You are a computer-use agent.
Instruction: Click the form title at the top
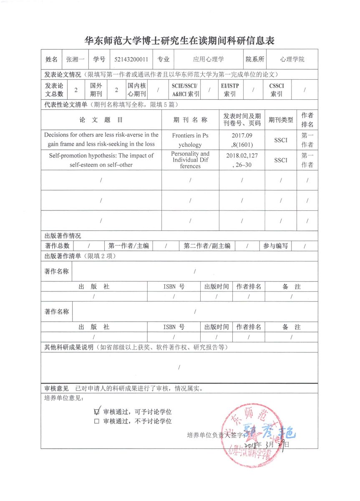[180, 40]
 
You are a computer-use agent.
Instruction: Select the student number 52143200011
[131, 59]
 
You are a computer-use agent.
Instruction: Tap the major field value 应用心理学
[208, 59]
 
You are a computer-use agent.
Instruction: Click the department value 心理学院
[292, 59]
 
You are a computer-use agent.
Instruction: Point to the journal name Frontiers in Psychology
[190, 140]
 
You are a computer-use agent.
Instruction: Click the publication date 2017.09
[242, 136]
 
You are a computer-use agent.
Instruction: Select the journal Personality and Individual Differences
[190, 160]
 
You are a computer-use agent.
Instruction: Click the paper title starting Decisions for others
[101, 139]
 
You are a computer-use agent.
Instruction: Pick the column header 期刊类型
[280, 120]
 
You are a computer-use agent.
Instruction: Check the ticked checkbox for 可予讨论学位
[97, 411]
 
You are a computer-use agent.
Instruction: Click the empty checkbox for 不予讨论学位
[97, 421]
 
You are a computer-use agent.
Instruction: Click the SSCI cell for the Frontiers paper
[281, 140]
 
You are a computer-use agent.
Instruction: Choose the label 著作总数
[57, 246]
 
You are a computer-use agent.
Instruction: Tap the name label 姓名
[51, 59]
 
